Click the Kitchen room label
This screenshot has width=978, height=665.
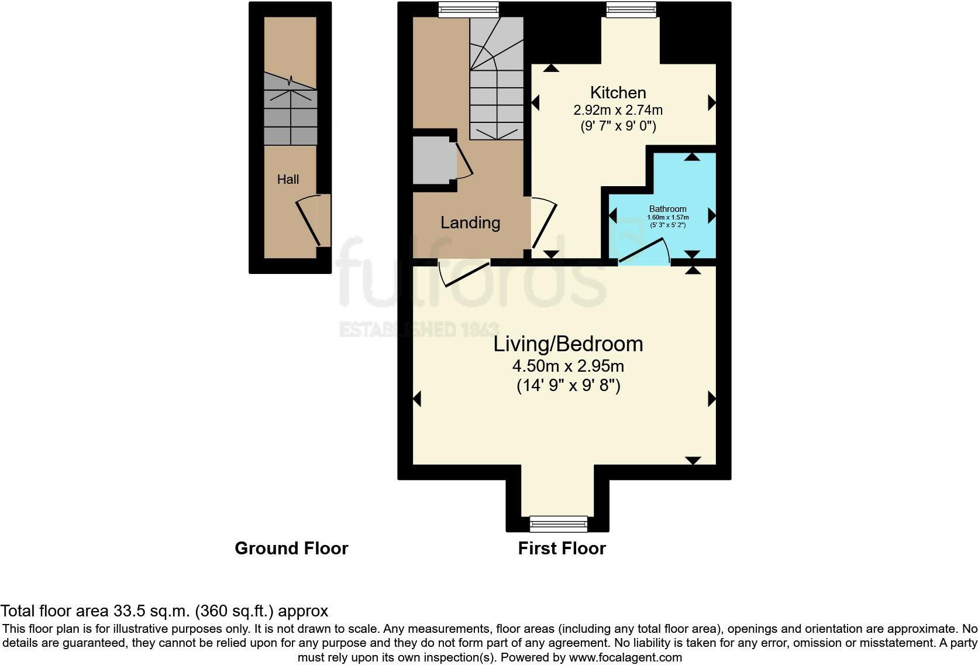click(618, 92)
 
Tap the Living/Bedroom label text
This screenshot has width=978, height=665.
click(568, 344)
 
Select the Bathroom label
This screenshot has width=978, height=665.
click(667, 209)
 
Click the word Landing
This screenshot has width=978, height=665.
click(470, 222)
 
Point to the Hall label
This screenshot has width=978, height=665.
click(288, 180)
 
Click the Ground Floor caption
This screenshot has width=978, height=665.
click(291, 549)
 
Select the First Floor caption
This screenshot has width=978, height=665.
click(562, 549)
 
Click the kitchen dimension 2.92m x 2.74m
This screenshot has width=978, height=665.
click(618, 110)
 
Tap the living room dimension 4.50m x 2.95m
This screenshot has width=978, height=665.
click(568, 366)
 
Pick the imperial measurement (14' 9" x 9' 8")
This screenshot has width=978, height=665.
click(568, 386)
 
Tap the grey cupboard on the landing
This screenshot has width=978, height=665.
click(434, 160)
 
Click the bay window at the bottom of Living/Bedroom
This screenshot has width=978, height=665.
click(558, 523)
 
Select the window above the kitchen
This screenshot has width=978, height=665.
click(631, 9)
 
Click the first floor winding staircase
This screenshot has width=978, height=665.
click(496, 79)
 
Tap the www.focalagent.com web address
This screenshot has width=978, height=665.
click(625, 657)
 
